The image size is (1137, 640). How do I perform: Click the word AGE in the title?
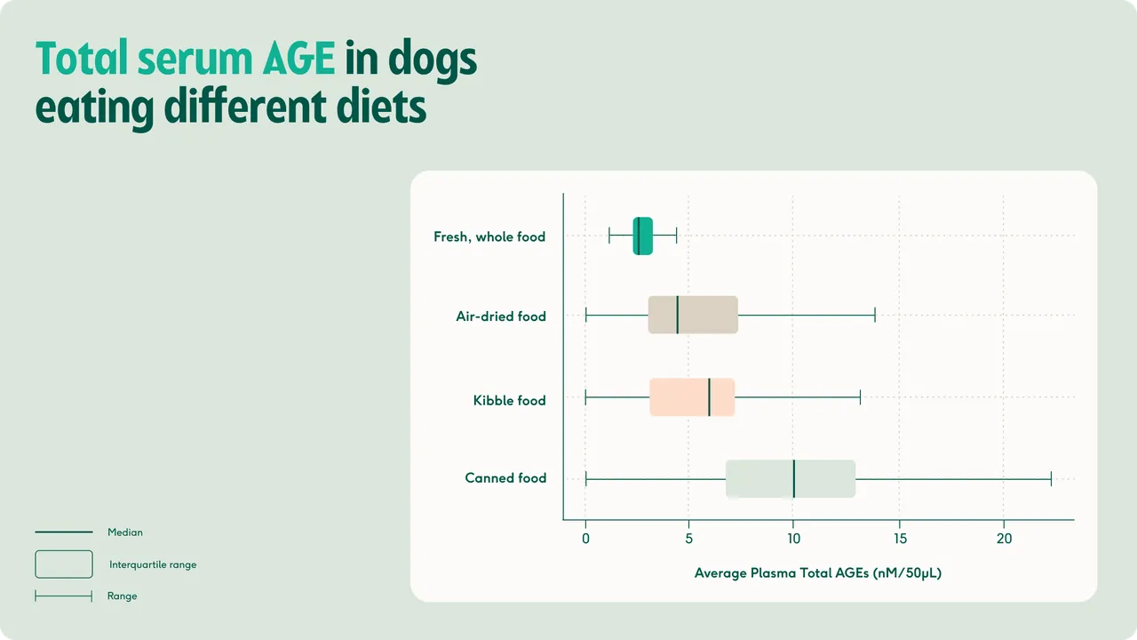[x=298, y=59]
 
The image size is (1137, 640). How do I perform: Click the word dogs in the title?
[x=433, y=61]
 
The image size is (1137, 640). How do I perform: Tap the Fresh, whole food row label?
[x=489, y=236]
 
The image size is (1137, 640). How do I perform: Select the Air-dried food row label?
[x=501, y=316]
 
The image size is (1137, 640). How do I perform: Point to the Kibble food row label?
[x=509, y=400]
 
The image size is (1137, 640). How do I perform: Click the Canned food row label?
[x=505, y=478]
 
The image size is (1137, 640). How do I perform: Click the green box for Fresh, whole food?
[x=642, y=236]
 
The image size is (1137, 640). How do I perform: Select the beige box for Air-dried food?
[x=693, y=315]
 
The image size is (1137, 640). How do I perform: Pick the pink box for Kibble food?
[x=692, y=397]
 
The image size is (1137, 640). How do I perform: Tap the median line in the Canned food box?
[x=794, y=478]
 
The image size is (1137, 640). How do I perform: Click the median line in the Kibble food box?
[x=709, y=397]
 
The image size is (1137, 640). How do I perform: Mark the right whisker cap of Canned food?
[x=1051, y=478]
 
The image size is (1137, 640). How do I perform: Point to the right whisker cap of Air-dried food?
[x=875, y=315]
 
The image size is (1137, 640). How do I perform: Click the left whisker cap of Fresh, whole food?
[x=609, y=236]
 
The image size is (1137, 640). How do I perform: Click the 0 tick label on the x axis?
[x=585, y=539]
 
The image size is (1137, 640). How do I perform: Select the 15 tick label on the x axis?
[x=900, y=539]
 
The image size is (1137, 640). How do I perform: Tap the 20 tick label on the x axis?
[x=1004, y=539]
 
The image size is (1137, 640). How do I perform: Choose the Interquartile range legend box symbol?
[x=64, y=550]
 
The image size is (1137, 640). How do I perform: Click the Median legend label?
[x=125, y=532]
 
